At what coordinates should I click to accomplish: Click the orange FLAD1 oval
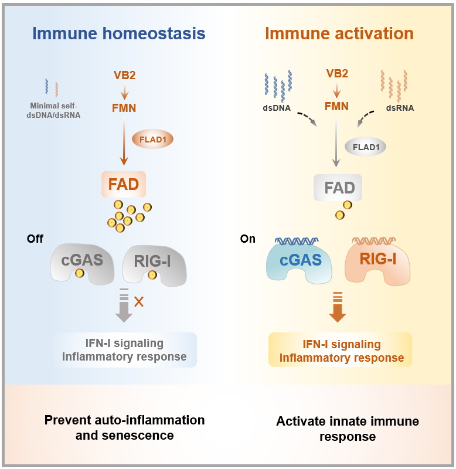click(153, 140)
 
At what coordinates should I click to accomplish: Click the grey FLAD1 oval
click(366, 147)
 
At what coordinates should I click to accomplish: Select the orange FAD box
click(124, 184)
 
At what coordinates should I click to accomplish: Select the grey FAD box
click(338, 188)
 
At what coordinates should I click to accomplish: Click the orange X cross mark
click(139, 302)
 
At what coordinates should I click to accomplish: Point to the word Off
click(35, 239)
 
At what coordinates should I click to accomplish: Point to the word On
click(247, 239)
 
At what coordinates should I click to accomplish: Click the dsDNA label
click(277, 108)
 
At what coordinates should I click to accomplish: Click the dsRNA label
click(400, 108)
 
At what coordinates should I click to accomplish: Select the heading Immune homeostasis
click(119, 33)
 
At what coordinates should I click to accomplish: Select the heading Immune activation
click(339, 33)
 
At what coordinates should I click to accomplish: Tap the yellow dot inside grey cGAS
click(80, 273)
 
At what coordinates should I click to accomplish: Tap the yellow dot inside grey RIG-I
click(152, 275)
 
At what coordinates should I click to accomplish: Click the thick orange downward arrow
click(338, 307)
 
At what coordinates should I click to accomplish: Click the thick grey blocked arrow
click(124, 305)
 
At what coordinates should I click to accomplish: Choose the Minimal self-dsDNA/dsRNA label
click(53, 110)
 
